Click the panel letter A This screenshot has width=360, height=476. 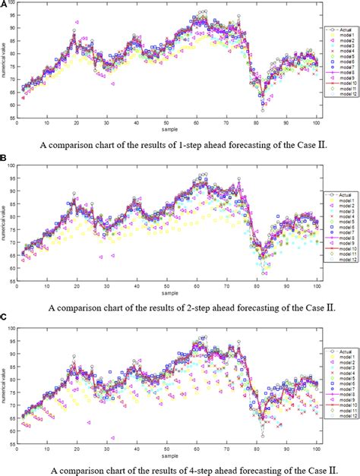[4, 5]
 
